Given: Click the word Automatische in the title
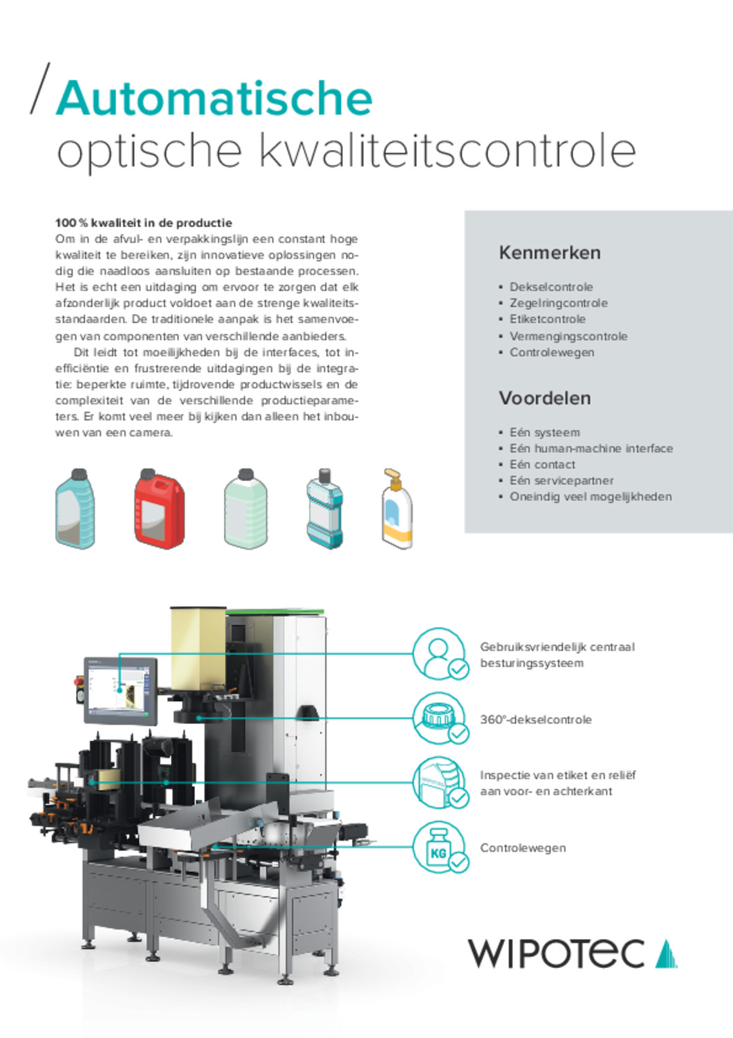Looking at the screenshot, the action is click(x=214, y=98).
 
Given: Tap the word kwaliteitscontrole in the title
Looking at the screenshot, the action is click(x=447, y=151).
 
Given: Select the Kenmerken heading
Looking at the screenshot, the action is click(x=550, y=253).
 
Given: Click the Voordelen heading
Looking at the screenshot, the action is click(x=544, y=398).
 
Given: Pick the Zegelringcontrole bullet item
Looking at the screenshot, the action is click(x=559, y=303).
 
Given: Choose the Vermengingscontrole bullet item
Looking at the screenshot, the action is click(x=568, y=336).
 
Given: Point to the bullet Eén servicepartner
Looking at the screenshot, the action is click(x=562, y=480).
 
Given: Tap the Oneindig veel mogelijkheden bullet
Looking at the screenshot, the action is click(x=591, y=497).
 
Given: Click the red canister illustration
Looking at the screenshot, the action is click(x=159, y=509).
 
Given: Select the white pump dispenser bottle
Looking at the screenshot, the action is click(x=396, y=509).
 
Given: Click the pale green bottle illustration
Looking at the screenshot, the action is click(x=245, y=509).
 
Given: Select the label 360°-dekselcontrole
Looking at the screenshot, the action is click(x=536, y=720).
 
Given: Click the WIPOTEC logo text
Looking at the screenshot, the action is click(x=556, y=954).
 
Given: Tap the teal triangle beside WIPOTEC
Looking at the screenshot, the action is click(x=666, y=954).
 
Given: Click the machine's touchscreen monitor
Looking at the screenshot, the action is click(x=120, y=690).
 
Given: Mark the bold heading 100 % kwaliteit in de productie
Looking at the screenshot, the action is click(x=144, y=223).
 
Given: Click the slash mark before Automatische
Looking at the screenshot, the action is click(x=40, y=88).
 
